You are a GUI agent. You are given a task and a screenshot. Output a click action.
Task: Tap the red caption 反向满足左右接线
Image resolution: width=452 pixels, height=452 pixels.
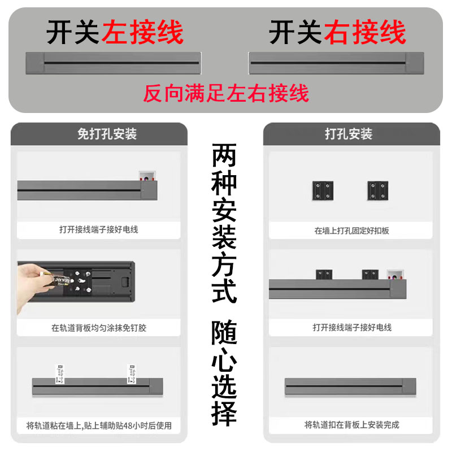pyautogui.click(x=226, y=93)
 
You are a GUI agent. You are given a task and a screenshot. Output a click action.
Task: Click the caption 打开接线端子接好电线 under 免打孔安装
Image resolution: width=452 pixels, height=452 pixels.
pyautogui.click(x=99, y=229)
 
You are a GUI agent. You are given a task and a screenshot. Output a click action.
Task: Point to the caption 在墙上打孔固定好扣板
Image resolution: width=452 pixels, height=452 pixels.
pyautogui.click(x=351, y=231)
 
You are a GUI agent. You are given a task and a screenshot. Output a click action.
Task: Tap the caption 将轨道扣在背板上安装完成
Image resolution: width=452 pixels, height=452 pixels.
pyautogui.click(x=351, y=425)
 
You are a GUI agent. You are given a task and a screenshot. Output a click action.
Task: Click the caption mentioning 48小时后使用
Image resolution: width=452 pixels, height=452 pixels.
pyautogui.click(x=99, y=425)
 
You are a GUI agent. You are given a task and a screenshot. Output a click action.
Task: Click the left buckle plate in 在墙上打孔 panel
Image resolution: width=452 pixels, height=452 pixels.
pyautogui.click(x=323, y=191)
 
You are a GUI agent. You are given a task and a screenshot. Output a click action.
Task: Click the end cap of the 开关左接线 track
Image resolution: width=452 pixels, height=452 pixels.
pyautogui.click(x=35, y=62)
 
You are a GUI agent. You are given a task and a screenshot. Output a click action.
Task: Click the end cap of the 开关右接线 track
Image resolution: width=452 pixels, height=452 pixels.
pyautogui.click(x=414, y=62)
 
